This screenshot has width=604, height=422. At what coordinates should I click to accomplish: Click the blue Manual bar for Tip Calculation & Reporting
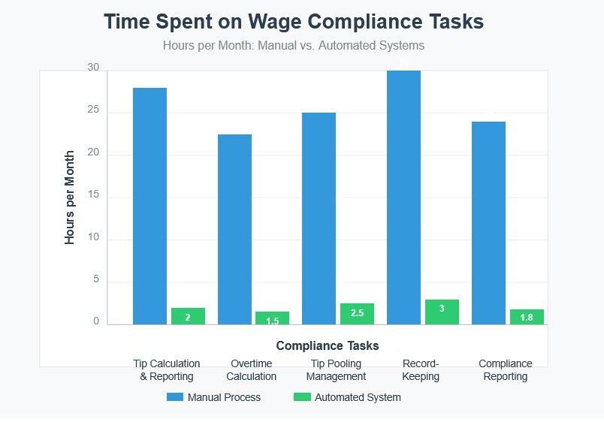pos(149,206)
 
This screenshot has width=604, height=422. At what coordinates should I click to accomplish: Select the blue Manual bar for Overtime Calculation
pos(234,229)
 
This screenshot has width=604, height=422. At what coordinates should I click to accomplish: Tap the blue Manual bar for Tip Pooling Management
pos(319,218)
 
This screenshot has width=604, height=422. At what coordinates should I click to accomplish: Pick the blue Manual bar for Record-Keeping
pos(403,197)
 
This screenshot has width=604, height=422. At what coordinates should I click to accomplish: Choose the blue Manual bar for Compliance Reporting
pos(488,222)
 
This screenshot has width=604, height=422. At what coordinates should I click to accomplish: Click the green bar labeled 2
pos(188,316)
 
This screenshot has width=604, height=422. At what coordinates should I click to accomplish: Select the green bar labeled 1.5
pos(273,318)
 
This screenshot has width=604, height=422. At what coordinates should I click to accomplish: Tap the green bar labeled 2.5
pos(357,314)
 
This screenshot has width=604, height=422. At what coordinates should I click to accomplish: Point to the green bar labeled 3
pos(442,312)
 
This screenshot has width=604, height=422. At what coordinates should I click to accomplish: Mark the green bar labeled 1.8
pos(527,317)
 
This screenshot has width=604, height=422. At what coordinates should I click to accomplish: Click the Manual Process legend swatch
pos(175,397)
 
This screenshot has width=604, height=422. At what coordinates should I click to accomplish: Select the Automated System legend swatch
pos(302,397)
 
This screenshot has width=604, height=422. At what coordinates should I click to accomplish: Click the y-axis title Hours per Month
pos(70,197)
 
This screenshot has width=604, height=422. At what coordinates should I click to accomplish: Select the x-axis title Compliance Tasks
pos(328,345)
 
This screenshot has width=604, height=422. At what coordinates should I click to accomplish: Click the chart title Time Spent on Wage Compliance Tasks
pos(294,22)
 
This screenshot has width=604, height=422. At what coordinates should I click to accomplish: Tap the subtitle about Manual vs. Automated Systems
pos(294,46)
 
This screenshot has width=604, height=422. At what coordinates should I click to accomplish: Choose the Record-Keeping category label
pos(421,369)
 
